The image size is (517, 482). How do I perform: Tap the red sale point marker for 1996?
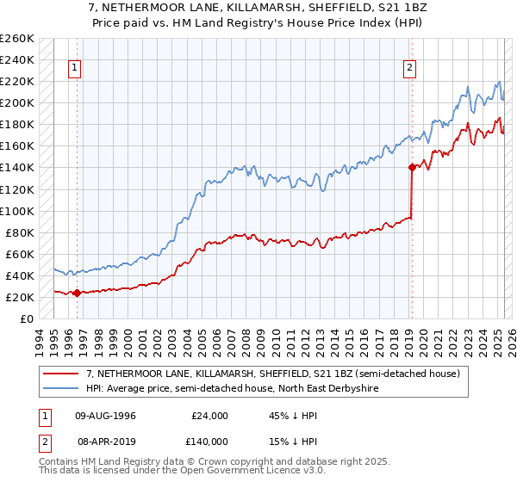click(77, 293)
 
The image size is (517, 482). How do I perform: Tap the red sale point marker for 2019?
click(412, 167)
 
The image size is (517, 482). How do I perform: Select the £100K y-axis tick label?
click(17, 211)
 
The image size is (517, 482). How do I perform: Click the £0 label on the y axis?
click(26, 318)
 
